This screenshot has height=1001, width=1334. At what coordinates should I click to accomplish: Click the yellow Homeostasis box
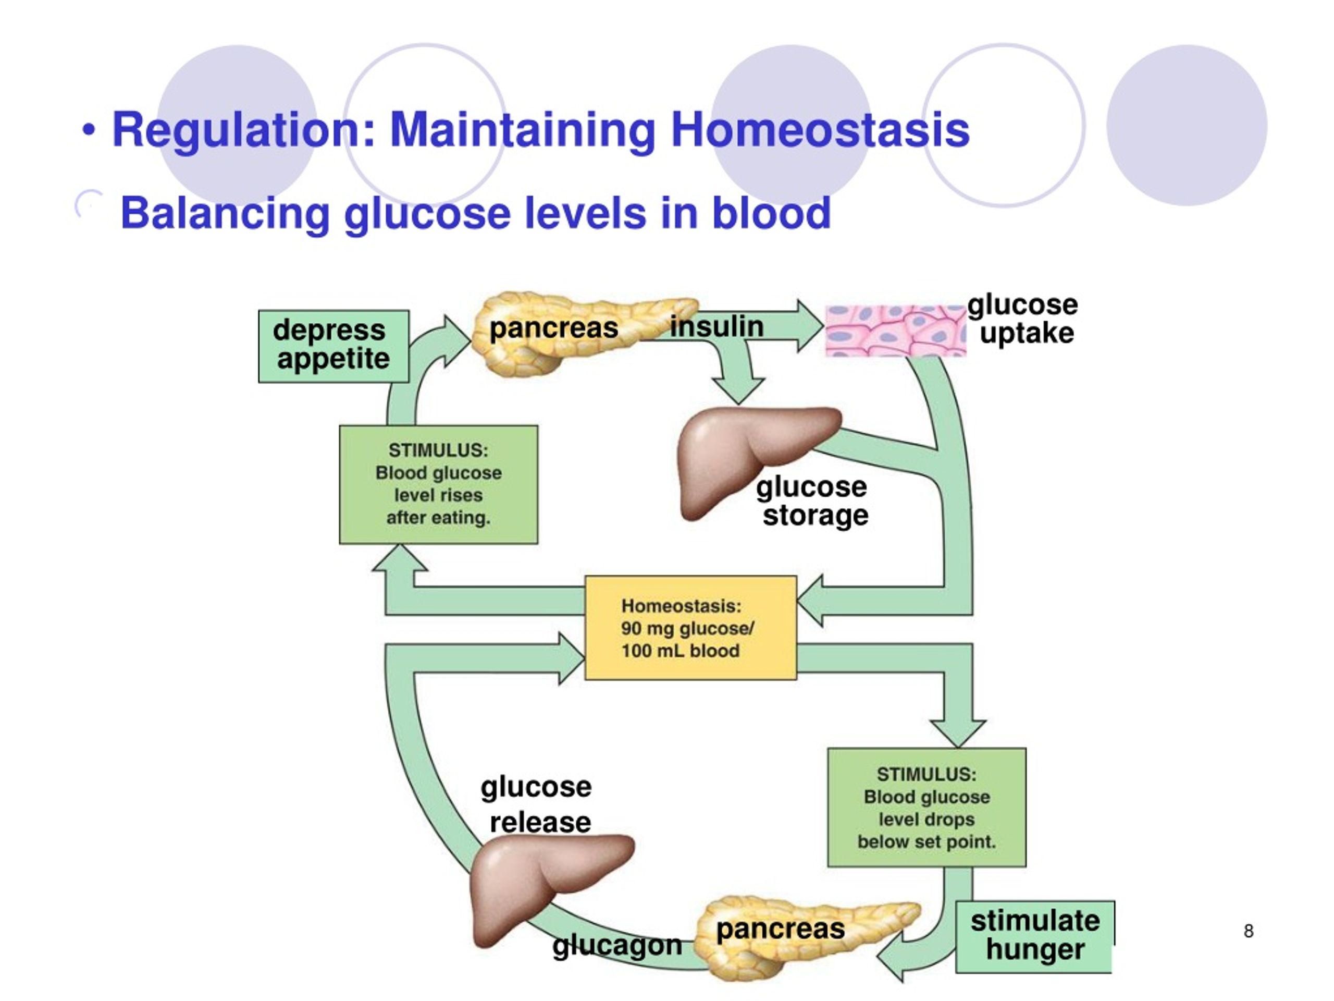coord(690,628)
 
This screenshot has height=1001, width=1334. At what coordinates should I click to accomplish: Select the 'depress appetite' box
coord(333,346)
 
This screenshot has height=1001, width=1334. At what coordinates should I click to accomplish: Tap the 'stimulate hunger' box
coord(1035,936)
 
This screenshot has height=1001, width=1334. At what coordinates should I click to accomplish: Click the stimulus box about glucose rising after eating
coord(438,484)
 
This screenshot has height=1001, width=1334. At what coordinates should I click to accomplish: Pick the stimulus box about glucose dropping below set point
coord(927,807)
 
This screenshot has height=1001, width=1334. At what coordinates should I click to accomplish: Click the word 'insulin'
coord(717,326)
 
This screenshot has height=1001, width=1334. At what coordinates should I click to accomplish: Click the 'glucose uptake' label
coord(1023,319)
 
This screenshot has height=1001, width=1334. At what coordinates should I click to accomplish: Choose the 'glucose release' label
coord(536,804)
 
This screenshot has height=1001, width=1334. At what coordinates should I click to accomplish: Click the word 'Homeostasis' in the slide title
coord(820,130)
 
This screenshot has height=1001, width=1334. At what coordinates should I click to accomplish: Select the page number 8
coord(1249,931)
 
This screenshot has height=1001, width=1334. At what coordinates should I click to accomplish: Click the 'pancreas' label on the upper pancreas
coord(553,329)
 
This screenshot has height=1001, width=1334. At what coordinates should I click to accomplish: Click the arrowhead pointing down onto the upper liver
coord(738,390)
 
